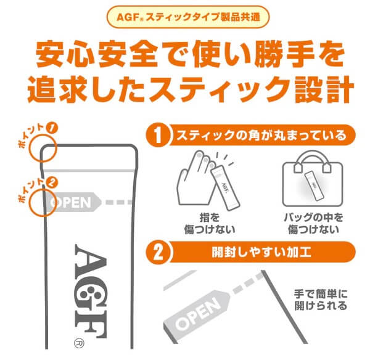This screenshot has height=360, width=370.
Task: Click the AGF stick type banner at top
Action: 188,17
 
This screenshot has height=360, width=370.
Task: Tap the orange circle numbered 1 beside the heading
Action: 158,135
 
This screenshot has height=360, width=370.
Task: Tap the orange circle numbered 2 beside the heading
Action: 158,252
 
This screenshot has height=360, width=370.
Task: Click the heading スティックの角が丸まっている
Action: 261,136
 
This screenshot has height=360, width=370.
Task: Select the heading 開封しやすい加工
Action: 261,252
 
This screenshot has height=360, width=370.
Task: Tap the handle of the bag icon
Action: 313,159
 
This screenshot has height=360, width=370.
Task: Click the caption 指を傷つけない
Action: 210,223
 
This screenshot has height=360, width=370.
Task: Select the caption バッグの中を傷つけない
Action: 313,223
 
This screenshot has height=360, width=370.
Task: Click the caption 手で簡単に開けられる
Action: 321,300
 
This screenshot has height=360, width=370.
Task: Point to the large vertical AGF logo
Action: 91,292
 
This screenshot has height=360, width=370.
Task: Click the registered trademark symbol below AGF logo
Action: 79,343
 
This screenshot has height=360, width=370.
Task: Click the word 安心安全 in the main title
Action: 96,54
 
